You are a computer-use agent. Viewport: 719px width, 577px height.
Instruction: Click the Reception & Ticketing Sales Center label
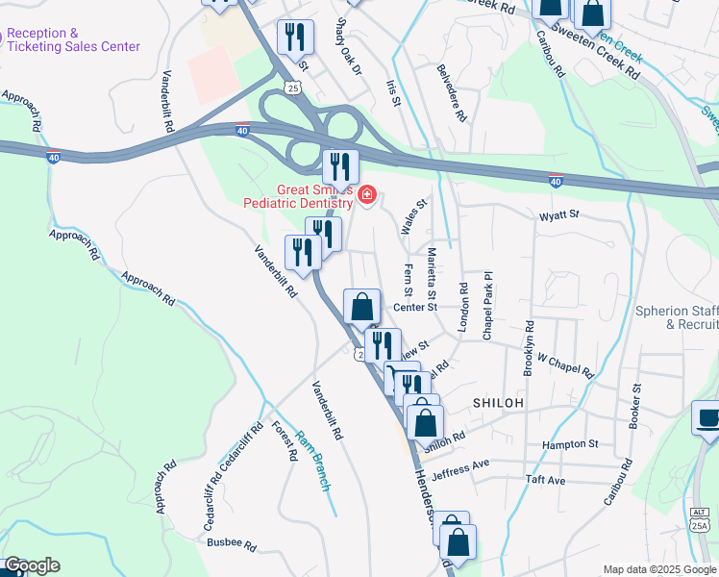coord(73,39)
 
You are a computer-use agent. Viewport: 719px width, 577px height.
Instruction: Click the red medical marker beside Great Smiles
coord(366,197)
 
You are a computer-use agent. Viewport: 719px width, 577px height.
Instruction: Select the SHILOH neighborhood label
coord(497,403)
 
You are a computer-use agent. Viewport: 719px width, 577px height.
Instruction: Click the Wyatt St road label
coord(560,215)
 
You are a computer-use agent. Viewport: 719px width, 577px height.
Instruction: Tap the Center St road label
coord(415,308)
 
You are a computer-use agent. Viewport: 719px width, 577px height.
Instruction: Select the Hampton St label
coord(570,444)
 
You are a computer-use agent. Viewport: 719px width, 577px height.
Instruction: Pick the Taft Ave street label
coord(545,479)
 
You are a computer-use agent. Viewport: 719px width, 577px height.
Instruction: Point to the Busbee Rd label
coord(231,544)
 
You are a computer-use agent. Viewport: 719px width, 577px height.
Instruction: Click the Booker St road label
coord(635,409)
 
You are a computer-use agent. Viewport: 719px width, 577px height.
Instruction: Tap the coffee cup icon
coord(708,418)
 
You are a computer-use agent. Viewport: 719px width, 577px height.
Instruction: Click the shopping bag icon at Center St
coord(361,308)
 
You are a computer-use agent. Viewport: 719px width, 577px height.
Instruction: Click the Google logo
coord(31,565)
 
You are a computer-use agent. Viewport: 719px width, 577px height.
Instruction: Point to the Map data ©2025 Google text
coord(659,569)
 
